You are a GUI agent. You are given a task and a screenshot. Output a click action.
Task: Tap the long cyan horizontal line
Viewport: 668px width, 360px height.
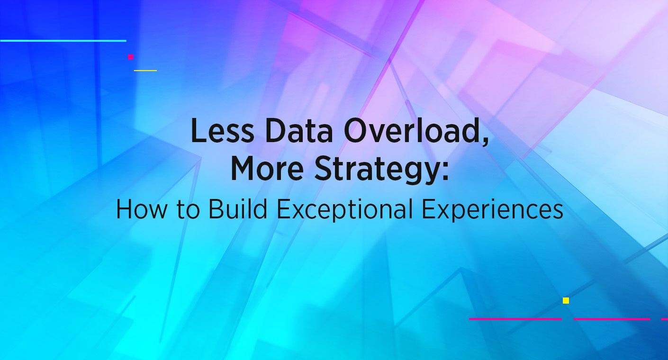pos(63,41)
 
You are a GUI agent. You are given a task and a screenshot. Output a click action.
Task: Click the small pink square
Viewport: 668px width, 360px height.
pos(131,57)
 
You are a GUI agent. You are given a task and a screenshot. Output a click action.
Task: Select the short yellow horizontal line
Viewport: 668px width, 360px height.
pos(145,70)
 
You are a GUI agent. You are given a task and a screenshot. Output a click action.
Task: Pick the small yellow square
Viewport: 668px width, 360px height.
pos(566,300)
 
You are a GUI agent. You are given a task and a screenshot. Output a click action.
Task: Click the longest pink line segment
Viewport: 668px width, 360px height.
pos(515,319)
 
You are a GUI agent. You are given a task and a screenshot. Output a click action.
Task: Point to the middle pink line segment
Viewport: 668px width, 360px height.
pos(612,319)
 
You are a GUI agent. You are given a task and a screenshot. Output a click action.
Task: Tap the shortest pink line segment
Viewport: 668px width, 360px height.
pos(665,319)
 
